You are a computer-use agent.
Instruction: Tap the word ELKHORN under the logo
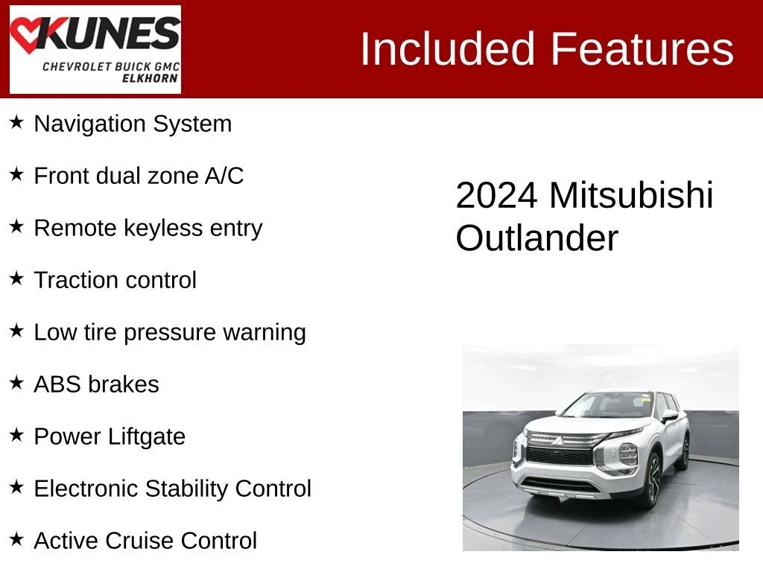click(150, 78)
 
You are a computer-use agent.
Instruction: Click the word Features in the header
click(642, 48)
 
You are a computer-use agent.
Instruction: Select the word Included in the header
click(447, 48)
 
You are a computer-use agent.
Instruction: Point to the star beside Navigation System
click(16, 122)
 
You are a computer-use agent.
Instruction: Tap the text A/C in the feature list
click(224, 176)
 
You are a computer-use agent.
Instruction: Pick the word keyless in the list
click(163, 228)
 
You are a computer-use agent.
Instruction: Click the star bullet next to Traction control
click(16, 279)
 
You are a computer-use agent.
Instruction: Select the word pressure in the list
click(170, 333)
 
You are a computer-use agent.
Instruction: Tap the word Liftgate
click(147, 436)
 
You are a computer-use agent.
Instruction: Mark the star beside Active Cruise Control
click(16, 539)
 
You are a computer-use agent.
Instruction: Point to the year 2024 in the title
click(497, 196)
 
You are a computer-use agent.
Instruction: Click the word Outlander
click(536, 238)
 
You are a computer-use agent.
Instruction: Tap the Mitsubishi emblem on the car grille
click(557, 441)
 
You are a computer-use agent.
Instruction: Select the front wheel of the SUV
click(652, 481)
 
